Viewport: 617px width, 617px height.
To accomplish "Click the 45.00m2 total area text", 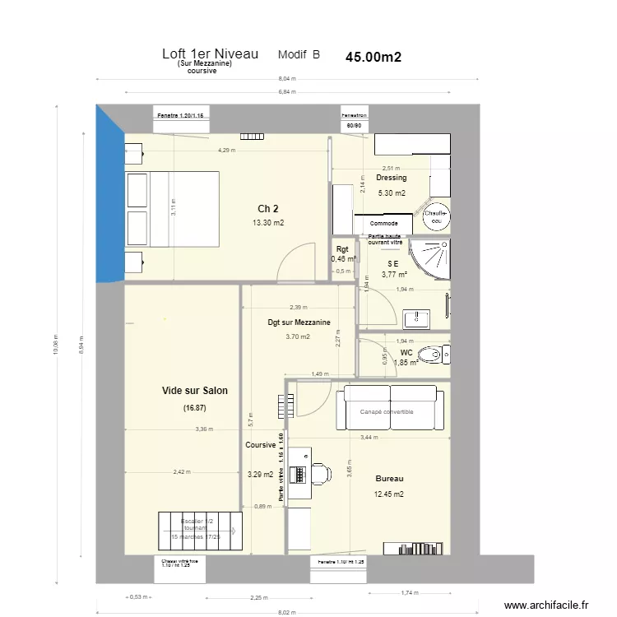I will [x=373, y=58].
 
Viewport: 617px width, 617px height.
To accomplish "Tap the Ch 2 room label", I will [x=268, y=207].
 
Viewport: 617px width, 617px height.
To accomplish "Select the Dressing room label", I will [x=391, y=178].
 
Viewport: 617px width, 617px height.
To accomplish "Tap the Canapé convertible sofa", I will [x=390, y=410].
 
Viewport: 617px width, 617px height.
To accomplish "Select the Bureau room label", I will [x=389, y=478].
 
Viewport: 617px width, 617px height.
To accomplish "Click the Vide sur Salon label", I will [x=195, y=391].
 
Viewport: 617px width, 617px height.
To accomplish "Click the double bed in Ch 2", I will [x=171, y=209].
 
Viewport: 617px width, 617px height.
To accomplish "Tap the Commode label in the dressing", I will [x=384, y=223].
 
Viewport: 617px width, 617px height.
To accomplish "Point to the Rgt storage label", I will [x=342, y=249].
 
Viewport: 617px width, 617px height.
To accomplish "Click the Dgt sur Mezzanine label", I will [x=299, y=322].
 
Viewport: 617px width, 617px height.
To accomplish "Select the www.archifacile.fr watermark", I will [x=546, y=605].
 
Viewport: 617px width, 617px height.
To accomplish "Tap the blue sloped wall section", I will [x=108, y=197].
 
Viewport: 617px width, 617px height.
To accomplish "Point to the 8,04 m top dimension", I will [x=286, y=79].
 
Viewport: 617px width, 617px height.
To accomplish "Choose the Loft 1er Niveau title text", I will [x=211, y=54].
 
